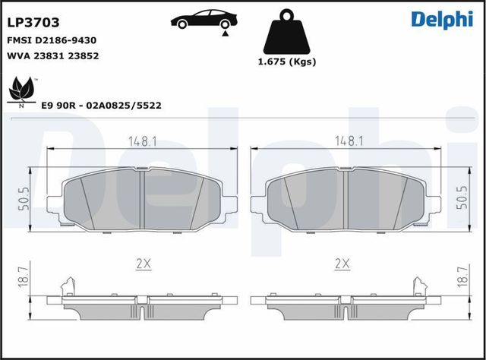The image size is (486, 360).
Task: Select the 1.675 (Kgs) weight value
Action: click(x=287, y=62)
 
